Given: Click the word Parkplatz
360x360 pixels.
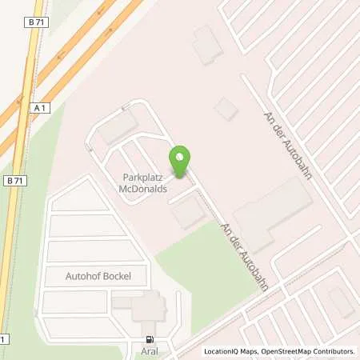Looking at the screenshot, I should [x=142, y=178].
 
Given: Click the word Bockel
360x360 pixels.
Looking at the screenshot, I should [x=116, y=276].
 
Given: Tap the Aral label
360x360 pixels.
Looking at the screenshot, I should [x=149, y=350].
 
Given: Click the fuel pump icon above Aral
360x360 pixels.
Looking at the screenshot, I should [x=149, y=339].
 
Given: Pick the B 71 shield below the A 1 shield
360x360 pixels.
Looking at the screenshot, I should [x=13, y=182].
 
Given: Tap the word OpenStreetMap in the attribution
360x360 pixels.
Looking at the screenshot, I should [x=282, y=351].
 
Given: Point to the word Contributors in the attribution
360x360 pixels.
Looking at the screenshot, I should [x=333, y=351].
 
